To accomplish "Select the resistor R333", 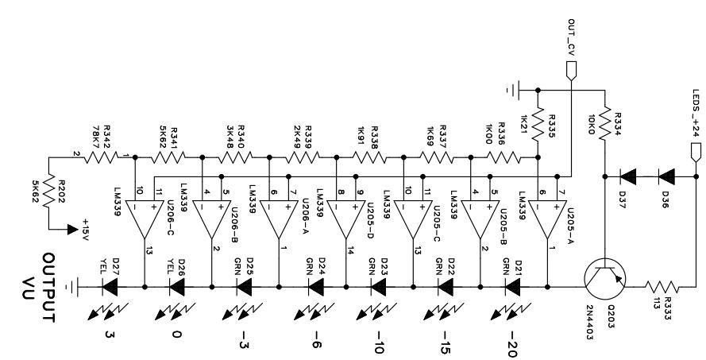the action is click(662, 287).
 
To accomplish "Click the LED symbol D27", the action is click(110, 287).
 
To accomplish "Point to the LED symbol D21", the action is click(513, 287).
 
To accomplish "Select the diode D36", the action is click(666, 176).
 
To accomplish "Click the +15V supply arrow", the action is click(72, 230).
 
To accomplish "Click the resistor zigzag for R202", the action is click(48, 191).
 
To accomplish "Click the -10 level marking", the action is click(378, 343).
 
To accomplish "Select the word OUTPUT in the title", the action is click(48, 288).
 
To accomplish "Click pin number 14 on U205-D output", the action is click(350, 250).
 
